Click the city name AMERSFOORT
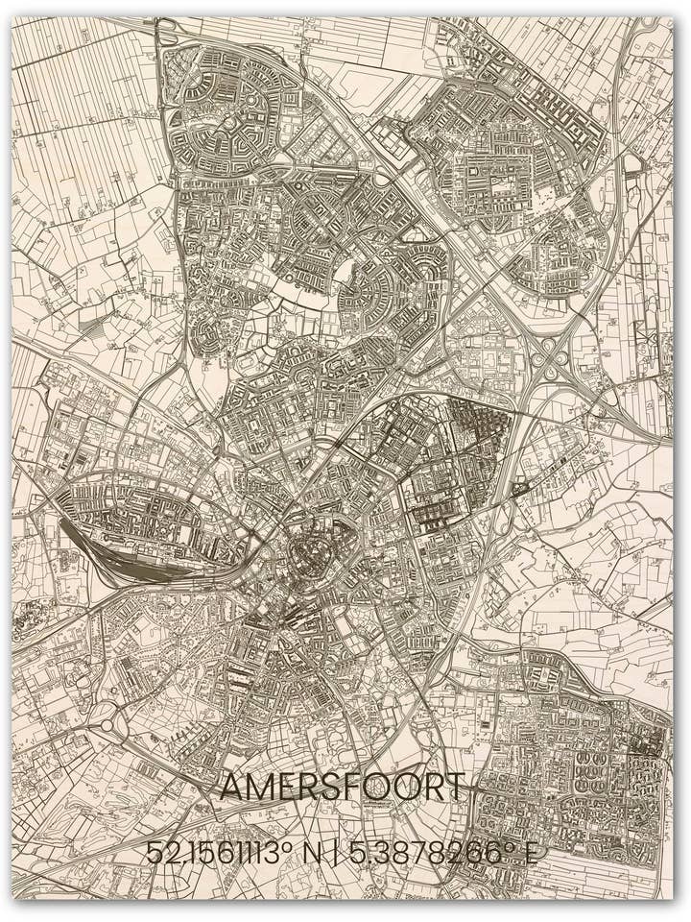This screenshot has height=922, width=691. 342,787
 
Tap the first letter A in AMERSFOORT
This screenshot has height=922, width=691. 231,787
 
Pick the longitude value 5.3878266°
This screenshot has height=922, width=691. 433,853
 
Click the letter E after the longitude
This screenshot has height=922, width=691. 529,853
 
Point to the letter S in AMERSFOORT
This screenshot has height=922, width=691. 329,787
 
